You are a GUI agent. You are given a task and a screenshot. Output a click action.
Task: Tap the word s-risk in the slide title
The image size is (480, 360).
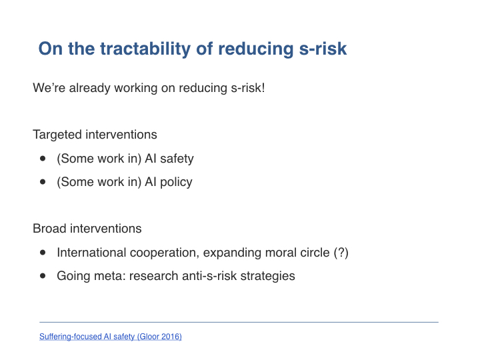[x=323, y=49]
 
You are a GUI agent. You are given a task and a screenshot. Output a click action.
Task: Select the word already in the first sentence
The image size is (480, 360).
[x=90, y=88]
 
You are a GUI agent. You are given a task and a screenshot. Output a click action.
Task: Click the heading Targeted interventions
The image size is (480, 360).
[x=95, y=135]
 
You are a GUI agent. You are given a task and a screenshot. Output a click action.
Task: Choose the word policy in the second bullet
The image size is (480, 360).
[x=176, y=182]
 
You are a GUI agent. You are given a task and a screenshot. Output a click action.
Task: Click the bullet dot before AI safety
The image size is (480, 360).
[x=43, y=159]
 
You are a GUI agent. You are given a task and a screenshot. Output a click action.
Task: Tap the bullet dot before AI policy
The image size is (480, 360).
[x=43, y=182]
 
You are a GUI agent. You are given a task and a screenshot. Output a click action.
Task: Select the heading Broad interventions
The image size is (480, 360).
[x=87, y=229]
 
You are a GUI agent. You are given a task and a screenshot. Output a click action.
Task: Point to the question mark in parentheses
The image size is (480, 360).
[x=341, y=253]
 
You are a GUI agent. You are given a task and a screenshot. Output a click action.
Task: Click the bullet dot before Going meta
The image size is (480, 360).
[x=43, y=276]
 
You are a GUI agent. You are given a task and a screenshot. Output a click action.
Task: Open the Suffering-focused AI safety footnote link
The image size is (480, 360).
[x=111, y=337]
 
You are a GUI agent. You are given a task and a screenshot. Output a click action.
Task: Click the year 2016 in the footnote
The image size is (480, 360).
[x=170, y=337]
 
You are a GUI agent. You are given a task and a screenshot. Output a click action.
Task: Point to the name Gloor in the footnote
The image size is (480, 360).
[x=150, y=337]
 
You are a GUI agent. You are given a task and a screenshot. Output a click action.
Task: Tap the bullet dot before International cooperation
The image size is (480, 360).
[x=43, y=253]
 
